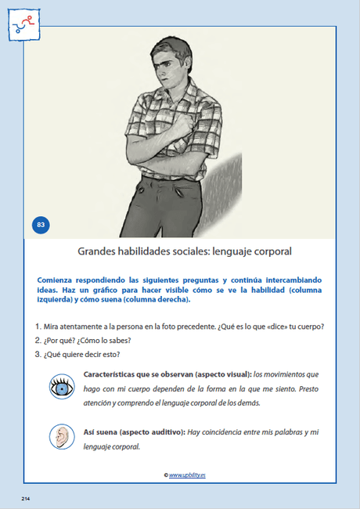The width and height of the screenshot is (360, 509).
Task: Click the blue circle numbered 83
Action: pos(41,226)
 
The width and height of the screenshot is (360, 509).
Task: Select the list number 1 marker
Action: pos(38,326)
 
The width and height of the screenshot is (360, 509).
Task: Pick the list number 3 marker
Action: pos(38,354)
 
